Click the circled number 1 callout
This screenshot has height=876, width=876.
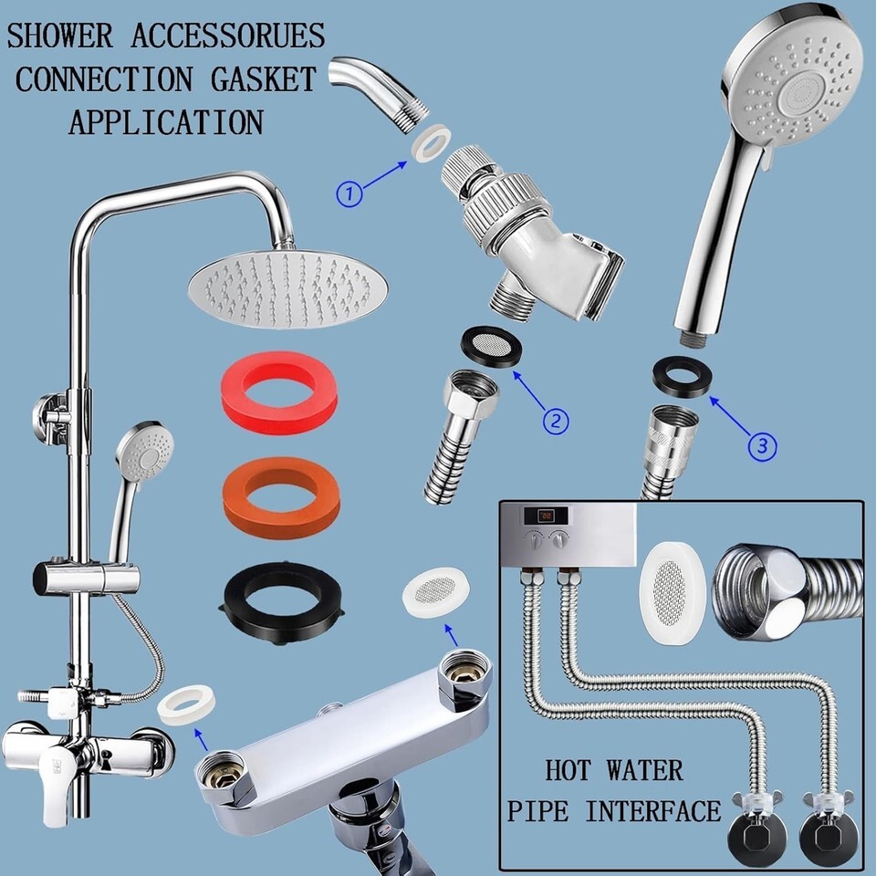point(349,193)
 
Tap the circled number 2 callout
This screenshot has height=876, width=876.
point(555,421)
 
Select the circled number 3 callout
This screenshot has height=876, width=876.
point(762,446)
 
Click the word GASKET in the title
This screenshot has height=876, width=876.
point(263,78)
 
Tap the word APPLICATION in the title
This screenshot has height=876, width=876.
point(166,121)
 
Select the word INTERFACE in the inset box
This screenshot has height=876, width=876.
point(652,810)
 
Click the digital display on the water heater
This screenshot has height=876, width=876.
point(546,515)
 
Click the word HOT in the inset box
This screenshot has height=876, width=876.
point(567,770)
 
